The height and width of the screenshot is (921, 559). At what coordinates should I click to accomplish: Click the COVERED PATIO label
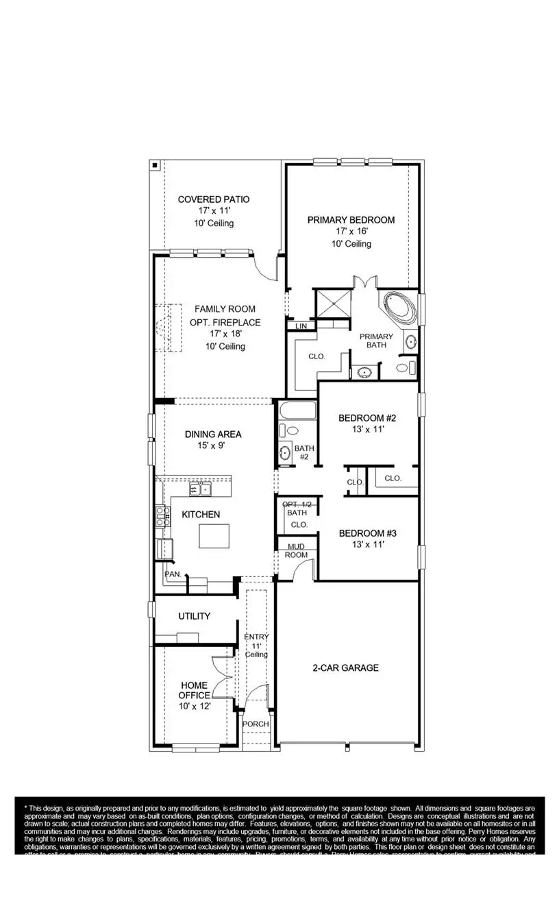[x=214, y=199]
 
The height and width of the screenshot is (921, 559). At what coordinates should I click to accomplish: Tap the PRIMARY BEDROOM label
[x=351, y=220]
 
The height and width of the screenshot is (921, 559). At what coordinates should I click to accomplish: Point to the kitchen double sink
[x=201, y=489]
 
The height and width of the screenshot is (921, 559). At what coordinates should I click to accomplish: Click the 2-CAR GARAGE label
[x=346, y=667]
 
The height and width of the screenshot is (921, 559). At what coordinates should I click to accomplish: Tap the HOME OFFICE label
[x=195, y=690]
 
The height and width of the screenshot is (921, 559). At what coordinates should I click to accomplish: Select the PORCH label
[x=256, y=724]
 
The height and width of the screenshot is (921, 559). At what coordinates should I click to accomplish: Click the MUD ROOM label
[x=297, y=550]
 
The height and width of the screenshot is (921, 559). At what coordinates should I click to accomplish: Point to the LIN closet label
[x=301, y=327]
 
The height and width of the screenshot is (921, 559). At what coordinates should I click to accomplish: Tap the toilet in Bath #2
[x=288, y=431]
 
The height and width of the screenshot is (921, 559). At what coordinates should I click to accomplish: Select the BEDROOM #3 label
[x=368, y=533]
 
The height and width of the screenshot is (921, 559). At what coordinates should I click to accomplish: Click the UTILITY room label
[x=195, y=616]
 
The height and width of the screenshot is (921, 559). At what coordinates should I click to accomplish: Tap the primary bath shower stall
[x=332, y=304]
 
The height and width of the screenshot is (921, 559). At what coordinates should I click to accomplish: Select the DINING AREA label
[x=213, y=434]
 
